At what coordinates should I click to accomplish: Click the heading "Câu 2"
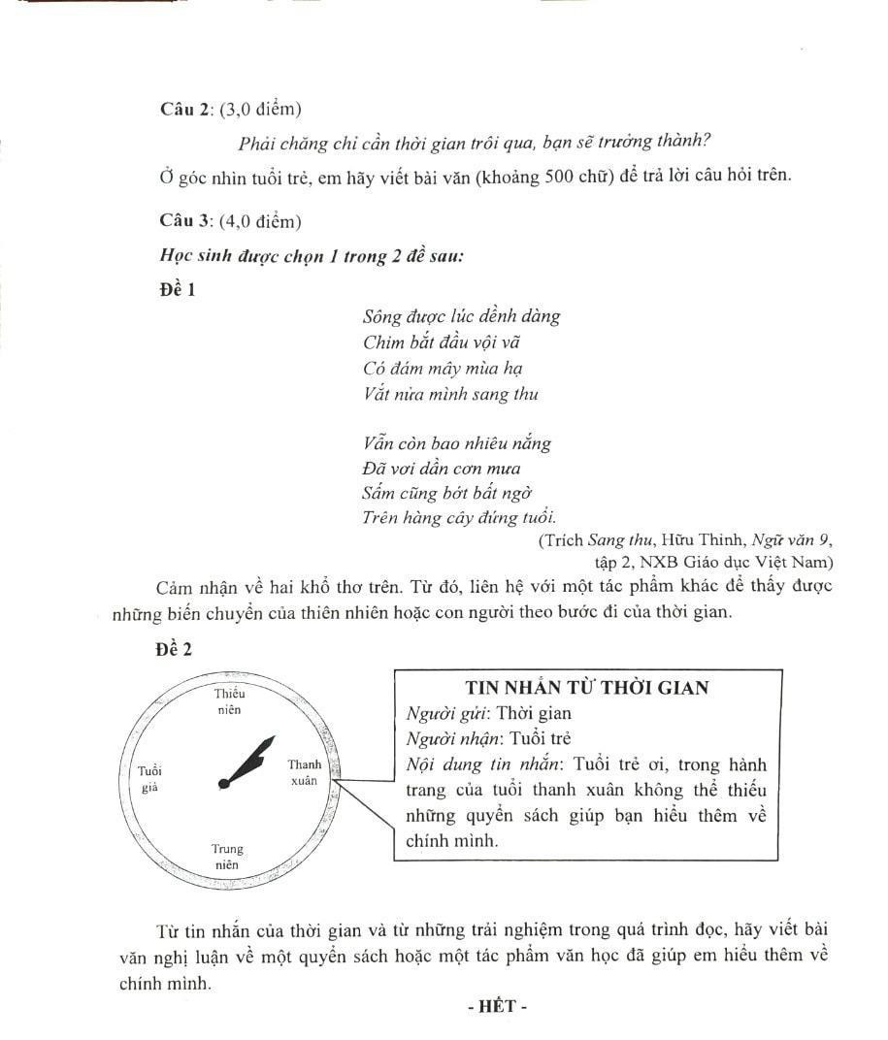pos(185,110)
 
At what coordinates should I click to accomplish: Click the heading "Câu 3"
pos(185,222)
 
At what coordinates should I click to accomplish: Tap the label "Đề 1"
pos(177,289)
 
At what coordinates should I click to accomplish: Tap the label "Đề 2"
pos(174,650)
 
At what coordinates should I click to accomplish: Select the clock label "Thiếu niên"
pos(229,700)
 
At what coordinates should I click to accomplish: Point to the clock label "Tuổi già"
pos(149,778)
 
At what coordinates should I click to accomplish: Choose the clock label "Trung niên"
pos(227,857)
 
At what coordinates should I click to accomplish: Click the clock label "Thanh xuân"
pos(304,772)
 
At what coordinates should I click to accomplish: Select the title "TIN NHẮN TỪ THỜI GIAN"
pos(587,688)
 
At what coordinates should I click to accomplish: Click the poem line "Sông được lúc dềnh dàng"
pos(461,316)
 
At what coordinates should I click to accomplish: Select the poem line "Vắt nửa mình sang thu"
pos(450,394)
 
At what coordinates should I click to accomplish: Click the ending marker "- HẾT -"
pos(496,1006)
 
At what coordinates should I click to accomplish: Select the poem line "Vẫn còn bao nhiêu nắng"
pos(457,443)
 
